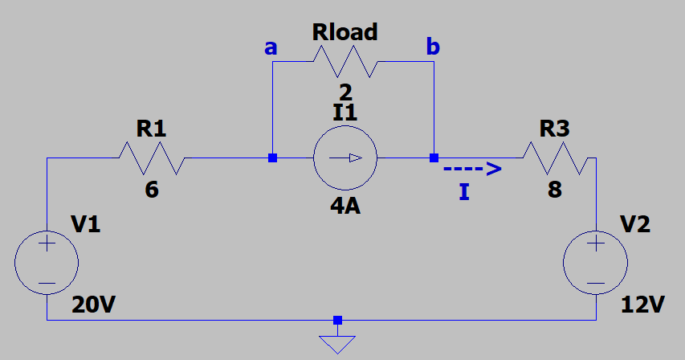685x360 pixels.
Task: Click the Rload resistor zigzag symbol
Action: pyautogui.click(x=345, y=61)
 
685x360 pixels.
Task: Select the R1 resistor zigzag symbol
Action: pyautogui.click(x=152, y=157)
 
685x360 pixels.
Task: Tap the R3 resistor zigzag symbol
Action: pyautogui.click(x=556, y=157)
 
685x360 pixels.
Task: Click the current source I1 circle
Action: pyautogui.click(x=345, y=157)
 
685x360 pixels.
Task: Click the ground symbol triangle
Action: pyautogui.click(x=337, y=344)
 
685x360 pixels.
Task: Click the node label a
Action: pyautogui.click(x=271, y=48)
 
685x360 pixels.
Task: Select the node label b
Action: pyautogui.click(x=433, y=48)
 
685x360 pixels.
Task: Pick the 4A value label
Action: pyautogui.click(x=345, y=206)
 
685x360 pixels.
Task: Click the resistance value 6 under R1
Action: pyautogui.click(x=152, y=191)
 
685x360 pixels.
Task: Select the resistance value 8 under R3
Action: pyautogui.click(x=555, y=191)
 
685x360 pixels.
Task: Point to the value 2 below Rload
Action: pyautogui.click(x=345, y=90)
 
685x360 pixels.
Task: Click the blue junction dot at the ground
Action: pyautogui.click(x=337, y=320)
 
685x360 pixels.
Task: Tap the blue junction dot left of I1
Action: pyautogui.click(x=272, y=157)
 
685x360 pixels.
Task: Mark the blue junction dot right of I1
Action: pyautogui.click(x=434, y=157)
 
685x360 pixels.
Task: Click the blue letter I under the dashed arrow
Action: pyautogui.click(x=464, y=192)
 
